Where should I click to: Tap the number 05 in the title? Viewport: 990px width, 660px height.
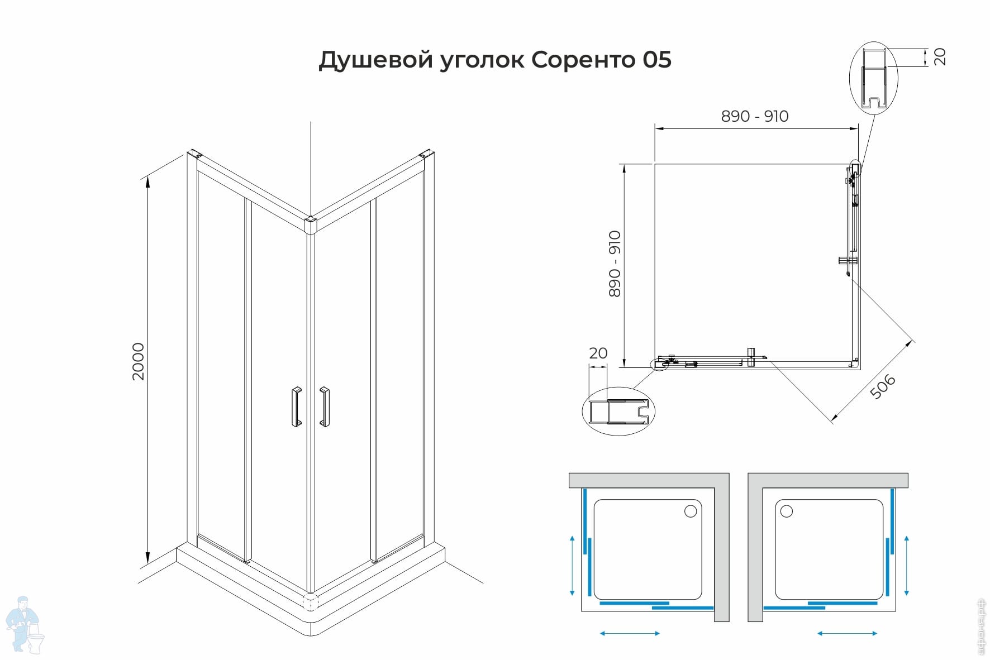(x=657, y=59)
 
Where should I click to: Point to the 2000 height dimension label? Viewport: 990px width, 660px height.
(x=138, y=362)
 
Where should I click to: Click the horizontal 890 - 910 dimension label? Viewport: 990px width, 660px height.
(x=755, y=116)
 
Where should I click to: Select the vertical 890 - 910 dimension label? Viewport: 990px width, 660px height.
(x=615, y=264)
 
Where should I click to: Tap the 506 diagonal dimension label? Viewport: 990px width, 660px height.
(x=883, y=386)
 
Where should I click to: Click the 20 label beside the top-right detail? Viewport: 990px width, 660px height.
(x=940, y=56)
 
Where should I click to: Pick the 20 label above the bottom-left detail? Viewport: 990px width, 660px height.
(x=598, y=353)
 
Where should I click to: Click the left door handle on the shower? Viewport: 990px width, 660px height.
(x=296, y=407)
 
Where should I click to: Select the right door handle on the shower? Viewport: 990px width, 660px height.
(x=324, y=407)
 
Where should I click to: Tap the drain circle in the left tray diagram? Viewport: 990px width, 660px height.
(x=691, y=511)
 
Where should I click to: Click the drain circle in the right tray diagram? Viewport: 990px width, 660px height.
(x=787, y=511)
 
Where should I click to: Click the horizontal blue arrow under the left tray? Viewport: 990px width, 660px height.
(x=630, y=633)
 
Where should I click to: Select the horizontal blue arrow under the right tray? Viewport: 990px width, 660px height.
(x=847, y=633)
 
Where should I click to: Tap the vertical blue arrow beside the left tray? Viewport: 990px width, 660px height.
(x=572, y=565)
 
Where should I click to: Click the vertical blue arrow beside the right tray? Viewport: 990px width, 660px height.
(x=906, y=565)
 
